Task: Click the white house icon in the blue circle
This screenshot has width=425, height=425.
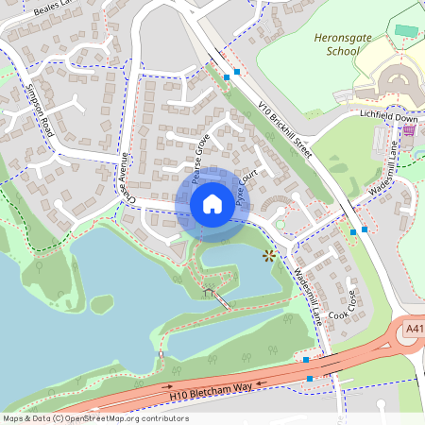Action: click(212, 203)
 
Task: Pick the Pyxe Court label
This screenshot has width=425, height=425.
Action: click(246, 189)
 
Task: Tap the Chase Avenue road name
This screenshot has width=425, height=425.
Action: click(129, 179)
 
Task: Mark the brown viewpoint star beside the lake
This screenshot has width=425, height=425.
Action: click(269, 255)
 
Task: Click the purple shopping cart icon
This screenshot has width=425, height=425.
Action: click(408, 131)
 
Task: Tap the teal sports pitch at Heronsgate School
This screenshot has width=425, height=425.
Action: click(406, 30)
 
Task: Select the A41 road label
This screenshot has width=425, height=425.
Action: click(414, 329)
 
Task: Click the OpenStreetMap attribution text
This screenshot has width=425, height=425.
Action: click(96, 417)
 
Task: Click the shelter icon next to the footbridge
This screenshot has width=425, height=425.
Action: click(207, 293)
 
